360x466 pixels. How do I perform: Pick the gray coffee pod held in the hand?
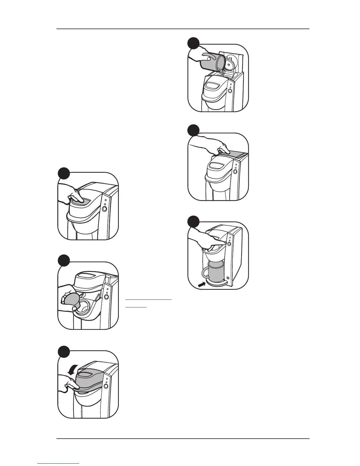tap(71, 300)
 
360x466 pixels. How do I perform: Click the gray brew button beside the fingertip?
tap(229, 244)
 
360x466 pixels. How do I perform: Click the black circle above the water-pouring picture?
tap(194, 43)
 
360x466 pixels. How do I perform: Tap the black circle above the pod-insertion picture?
tap(64, 261)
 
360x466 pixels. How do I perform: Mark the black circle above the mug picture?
tap(194, 221)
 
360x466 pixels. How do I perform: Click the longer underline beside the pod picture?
tap(149, 299)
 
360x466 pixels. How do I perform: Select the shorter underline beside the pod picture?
tap(136, 307)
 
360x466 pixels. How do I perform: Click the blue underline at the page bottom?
tap(59, 463)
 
